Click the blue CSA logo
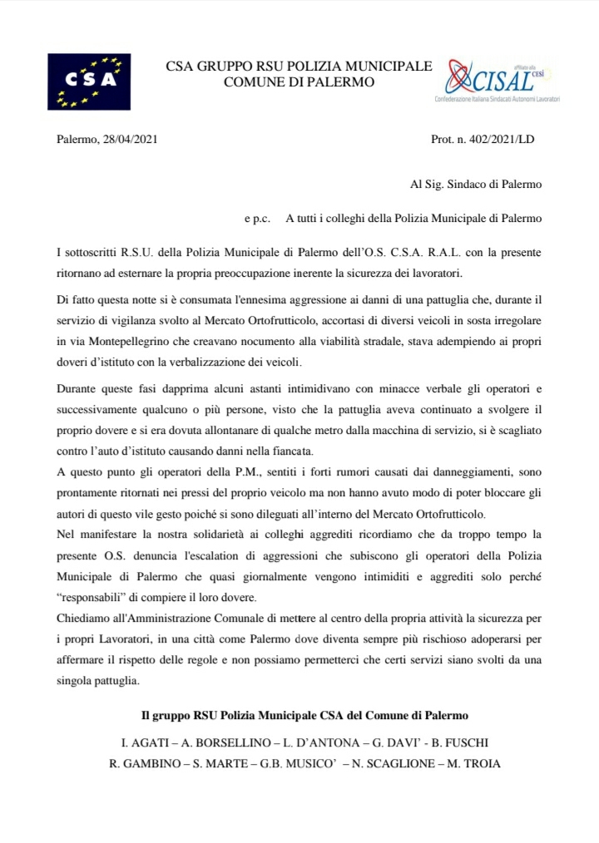[x=89, y=81]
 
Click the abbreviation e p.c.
[x=257, y=218]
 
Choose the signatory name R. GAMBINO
[x=141, y=762]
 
